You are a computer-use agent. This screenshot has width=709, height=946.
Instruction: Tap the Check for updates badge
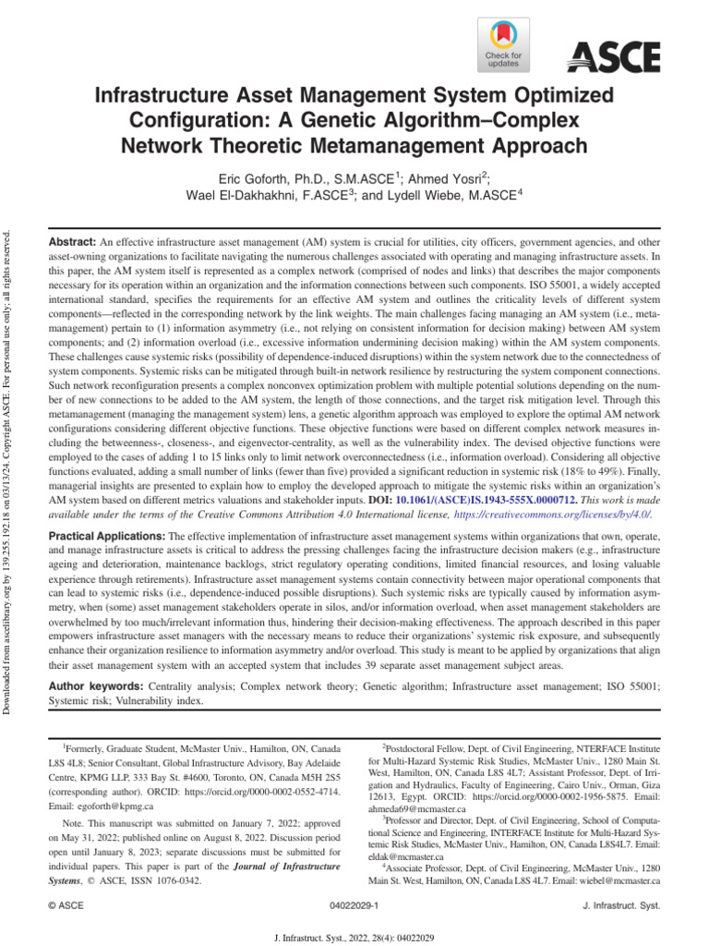coord(503,46)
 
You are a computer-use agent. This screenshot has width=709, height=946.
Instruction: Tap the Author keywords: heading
coord(94,686)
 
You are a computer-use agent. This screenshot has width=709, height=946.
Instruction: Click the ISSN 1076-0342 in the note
coord(174,881)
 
